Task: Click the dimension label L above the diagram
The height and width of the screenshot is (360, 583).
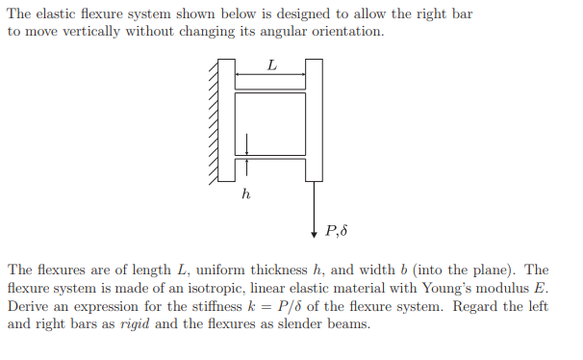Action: pos(271,65)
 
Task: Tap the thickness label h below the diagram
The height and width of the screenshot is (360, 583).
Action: pos(246,193)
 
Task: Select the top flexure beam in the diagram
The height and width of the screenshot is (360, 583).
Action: pos(270,88)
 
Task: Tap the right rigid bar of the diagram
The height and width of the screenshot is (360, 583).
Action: pos(314,120)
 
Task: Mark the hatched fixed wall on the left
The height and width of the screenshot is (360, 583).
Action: pos(213,120)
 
